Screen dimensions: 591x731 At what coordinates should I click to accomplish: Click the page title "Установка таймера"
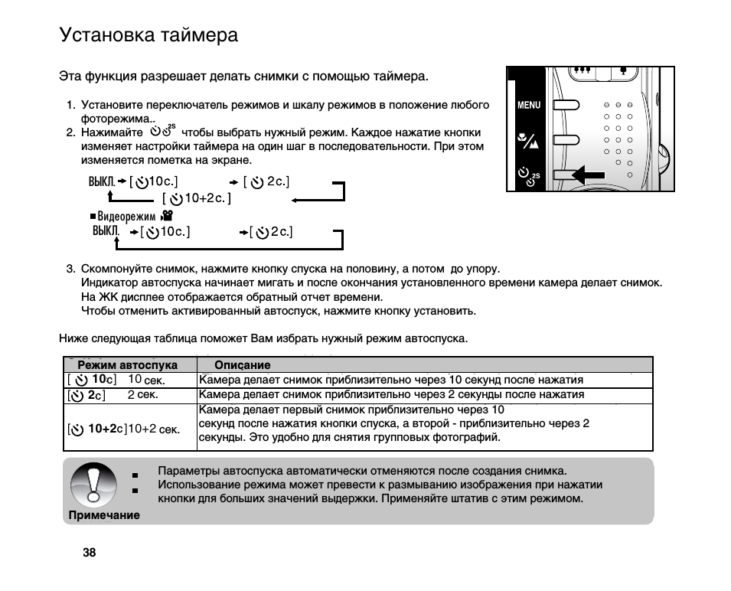(148, 35)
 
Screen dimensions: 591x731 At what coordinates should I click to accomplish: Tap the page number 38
(90, 553)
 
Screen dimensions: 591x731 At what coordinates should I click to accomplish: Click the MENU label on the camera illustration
(528, 105)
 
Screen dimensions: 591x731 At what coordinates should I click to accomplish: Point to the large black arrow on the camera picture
(589, 175)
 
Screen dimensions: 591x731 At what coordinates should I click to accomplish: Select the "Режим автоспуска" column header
(128, 365)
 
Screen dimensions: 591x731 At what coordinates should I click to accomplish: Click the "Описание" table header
(242, 365)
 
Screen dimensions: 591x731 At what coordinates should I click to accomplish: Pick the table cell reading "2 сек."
(142, 395)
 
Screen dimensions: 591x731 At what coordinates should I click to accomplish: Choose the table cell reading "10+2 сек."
(153, 429)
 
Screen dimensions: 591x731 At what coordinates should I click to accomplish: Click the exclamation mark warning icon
(93, 484)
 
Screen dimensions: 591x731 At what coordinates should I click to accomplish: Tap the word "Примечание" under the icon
(104, 515)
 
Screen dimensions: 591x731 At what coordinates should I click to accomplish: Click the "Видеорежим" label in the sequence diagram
(126, 217)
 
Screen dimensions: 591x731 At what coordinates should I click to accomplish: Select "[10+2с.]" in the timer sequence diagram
(197, 199)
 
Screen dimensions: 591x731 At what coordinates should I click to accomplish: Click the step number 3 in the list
(70, 269)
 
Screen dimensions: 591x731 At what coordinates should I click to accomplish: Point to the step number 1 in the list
(70, 105)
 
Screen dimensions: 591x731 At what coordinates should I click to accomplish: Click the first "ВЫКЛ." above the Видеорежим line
(102, 181)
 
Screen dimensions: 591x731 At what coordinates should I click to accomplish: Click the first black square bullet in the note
(135, 475)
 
